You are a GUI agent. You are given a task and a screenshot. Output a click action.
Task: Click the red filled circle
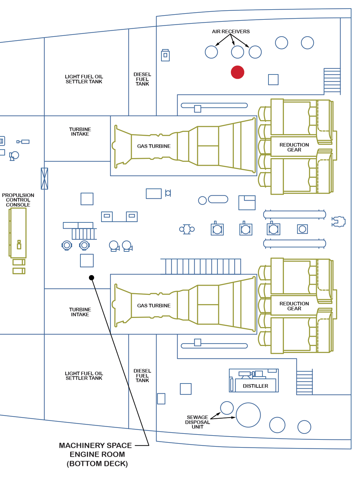pos(237,72)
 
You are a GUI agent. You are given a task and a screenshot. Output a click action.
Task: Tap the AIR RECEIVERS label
pos(231,32)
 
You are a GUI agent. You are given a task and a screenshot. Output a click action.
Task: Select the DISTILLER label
pos(255,386)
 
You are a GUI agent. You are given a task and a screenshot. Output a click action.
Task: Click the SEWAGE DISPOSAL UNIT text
pos(197,422)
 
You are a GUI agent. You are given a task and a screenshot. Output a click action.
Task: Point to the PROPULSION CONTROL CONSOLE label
pos(18,200)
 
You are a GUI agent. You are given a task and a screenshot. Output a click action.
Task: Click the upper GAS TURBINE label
pos(154,146)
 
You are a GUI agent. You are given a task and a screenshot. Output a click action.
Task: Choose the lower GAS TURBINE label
pos(154,306)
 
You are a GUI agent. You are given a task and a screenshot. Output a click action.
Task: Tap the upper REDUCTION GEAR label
pos(294,147)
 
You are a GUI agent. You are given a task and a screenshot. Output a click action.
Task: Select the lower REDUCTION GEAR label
pos(294,306)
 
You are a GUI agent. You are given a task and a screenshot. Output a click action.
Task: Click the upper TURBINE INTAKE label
pos(80,132)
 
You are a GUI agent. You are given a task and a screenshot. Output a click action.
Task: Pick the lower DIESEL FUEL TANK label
pos(142,376)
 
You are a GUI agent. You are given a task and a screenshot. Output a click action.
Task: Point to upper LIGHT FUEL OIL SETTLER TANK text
pos(84,79)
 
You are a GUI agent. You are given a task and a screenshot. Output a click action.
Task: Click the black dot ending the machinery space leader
pos(92,278)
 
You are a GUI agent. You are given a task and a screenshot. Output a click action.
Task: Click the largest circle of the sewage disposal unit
pos(248,415)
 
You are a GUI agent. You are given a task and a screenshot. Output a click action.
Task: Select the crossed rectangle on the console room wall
pos(44,179)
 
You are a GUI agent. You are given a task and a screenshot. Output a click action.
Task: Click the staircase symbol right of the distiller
pos(304,382)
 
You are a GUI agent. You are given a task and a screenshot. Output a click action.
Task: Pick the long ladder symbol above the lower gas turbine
pos(201,267)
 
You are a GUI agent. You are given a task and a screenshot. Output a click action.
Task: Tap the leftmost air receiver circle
pos(211,52)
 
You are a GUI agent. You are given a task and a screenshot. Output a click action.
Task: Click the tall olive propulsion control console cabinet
pos(18,233)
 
